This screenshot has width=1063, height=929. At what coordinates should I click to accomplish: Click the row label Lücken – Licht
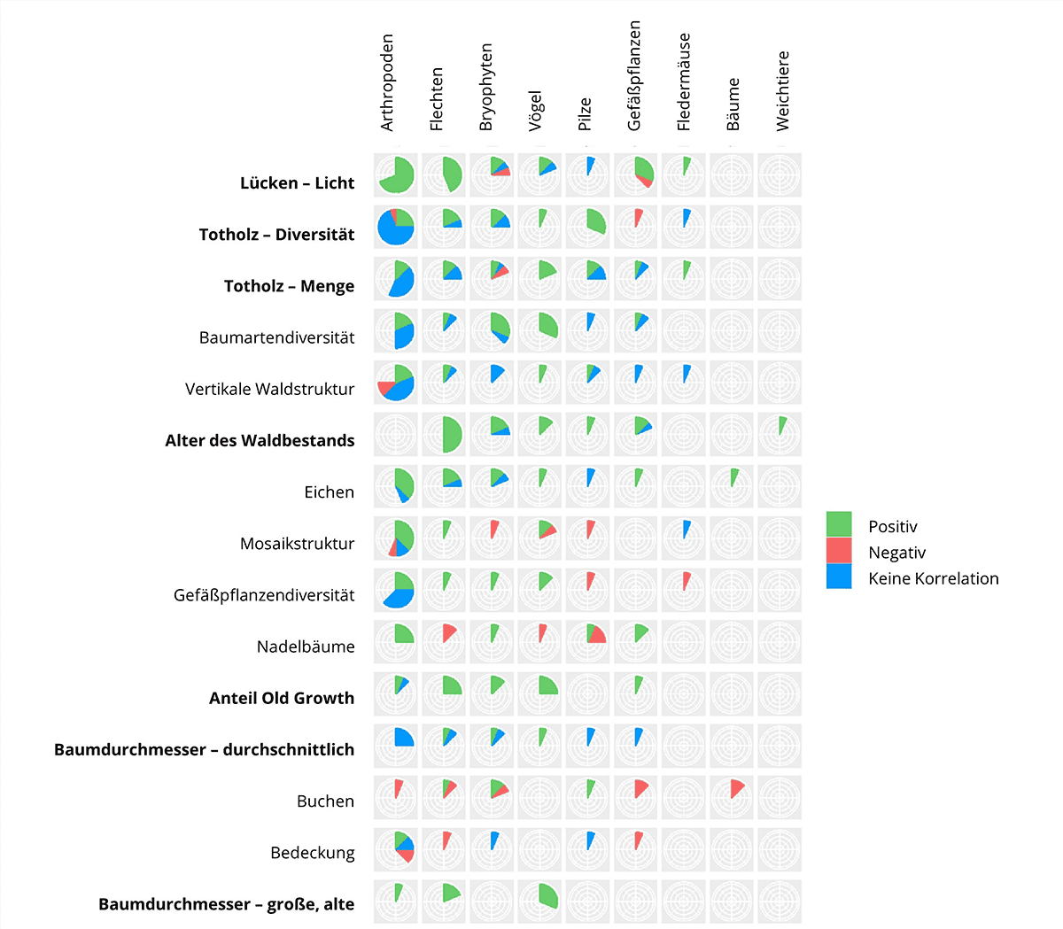pos(297,183)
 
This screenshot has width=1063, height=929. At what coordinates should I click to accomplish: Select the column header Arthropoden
pos(387,83)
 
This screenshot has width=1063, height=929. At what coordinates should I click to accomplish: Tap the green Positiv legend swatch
pos(839,524)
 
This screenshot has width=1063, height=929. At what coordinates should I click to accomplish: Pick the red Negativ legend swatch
pos(839,551)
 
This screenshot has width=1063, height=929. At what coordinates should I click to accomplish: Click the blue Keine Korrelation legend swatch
pos(839,577)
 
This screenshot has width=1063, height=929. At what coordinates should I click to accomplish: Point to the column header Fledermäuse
pos(684,82)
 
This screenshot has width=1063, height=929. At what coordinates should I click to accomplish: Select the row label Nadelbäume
pos(306,646)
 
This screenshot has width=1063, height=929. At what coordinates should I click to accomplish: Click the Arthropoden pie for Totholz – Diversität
pos(395,227)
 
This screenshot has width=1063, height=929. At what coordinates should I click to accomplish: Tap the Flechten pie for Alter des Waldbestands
pos(444,434)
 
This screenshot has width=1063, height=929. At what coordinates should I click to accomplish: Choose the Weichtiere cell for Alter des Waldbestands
pos(780,434)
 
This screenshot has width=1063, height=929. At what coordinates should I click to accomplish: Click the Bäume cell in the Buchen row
pos(732,795)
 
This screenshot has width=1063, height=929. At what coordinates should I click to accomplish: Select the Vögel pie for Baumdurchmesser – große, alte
pos(539,899)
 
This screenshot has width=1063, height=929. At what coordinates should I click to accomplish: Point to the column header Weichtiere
pos(783,91)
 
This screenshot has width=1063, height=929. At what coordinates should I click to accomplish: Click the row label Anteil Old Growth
pos(282,698)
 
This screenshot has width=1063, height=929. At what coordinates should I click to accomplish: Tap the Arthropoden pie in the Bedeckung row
pos(395,847)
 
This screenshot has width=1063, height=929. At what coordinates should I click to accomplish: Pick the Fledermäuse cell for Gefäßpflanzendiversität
pos(684,589)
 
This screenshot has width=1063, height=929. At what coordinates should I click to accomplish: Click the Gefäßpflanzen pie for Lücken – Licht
pos(635,175)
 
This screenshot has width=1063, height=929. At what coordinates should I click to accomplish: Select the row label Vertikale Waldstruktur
pos(269,389)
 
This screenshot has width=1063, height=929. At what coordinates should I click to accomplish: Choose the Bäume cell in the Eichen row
pos(732,485)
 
